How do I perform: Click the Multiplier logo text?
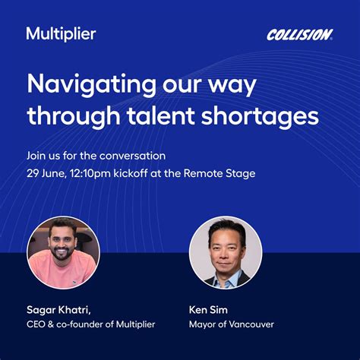click(61, 34)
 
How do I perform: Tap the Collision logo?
click(299, 35)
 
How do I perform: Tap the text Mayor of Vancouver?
click(232, 324)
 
